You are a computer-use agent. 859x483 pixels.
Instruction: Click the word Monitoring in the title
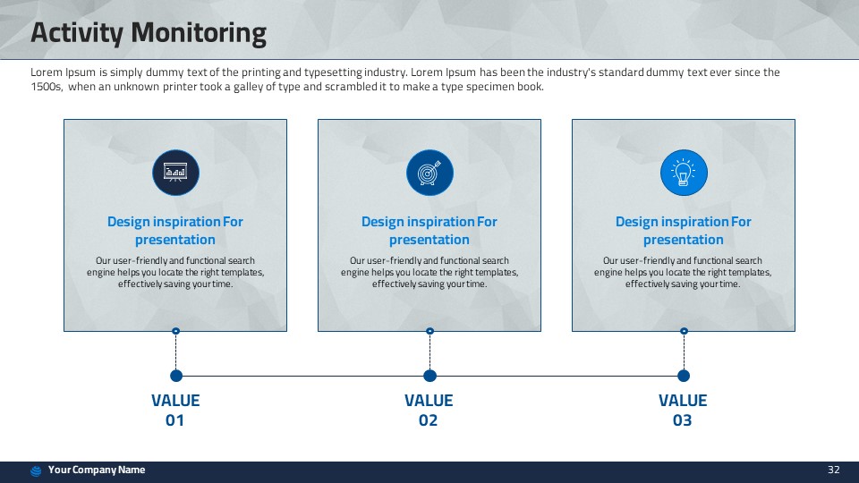pyautogui.click(x=199, y=33)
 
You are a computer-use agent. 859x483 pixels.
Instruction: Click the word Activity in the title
pyautogui.click(x=77, y=33)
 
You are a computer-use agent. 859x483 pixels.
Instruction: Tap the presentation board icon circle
pyautogui.click(x=175, y=173)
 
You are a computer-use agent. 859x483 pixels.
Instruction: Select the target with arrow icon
pyautogui.click(x=429, y=173)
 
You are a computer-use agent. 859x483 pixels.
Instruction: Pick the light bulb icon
pyautogui.click(x=684, y=173)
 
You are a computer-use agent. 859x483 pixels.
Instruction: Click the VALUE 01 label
pyautogui.click(x=175, y=411)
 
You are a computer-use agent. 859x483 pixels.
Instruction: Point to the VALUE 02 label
pyautogui.click(x=429, y=411)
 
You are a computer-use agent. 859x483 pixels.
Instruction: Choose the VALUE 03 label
pyautogui.click(x=683, y=411)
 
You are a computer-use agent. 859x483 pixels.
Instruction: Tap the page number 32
pyautogui.click(x=833, y=470)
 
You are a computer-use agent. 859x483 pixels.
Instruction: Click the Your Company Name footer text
pyautogui.click(x=97, y=470)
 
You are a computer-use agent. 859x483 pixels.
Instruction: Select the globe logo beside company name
pyautogui.click(x=36, y=471)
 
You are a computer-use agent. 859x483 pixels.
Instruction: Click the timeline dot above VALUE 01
pyautogui.click(x=176, y=376)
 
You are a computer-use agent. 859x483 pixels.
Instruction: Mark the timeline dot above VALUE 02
pyautogui.click(x=430, y=376)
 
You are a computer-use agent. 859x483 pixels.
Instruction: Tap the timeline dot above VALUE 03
pyautogui.click(x=684, y=376)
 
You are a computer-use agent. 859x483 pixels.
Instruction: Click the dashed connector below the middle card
pyautogui.click(x=430, y=352)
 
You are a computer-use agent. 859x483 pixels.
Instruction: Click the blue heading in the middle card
pyautogui.click(x=429, y=231)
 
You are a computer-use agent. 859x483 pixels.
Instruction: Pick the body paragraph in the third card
pyautogui.click(x=683, y=272)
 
